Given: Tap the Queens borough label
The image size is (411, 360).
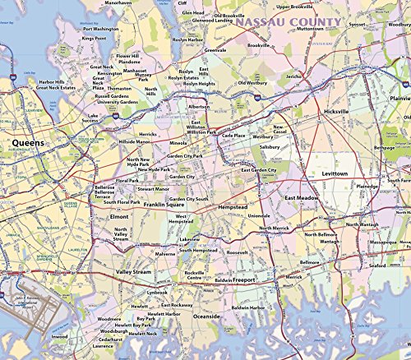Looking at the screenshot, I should tap(29, 141).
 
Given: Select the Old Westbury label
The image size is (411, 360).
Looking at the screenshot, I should tap(254, 83).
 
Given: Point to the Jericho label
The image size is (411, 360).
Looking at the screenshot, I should tap(294, 76).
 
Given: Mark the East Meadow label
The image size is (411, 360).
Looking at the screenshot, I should tap(302, 199).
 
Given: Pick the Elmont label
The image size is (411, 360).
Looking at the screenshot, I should tap(119, 217).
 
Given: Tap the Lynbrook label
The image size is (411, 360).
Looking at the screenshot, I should tap(157, 292).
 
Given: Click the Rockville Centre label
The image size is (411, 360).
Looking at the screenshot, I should tap(195, 275).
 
